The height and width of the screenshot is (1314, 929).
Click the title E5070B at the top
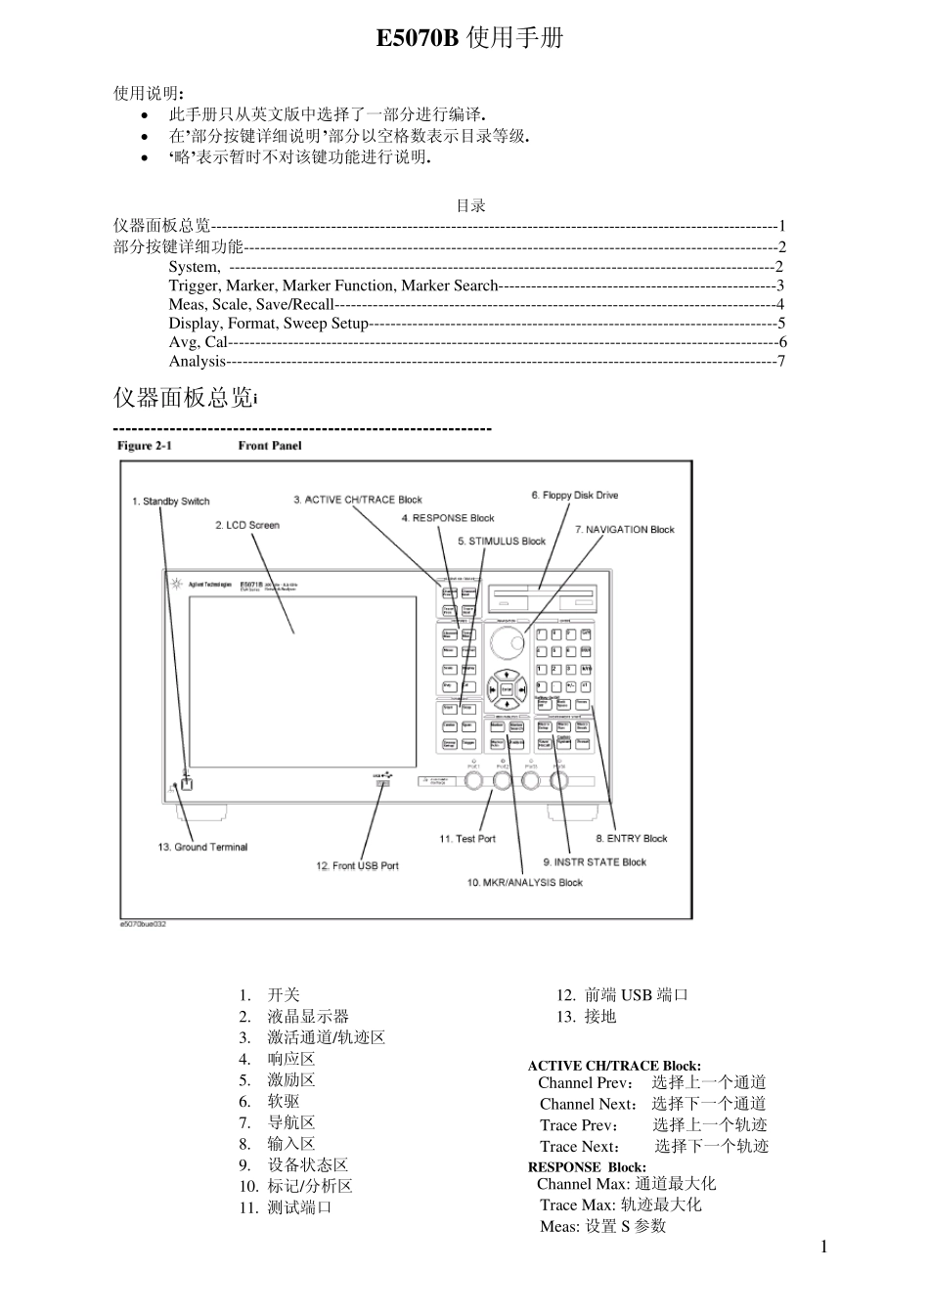click(418, 38)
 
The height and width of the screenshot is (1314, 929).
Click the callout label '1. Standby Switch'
click(171, 502)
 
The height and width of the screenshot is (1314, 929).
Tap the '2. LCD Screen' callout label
click(247, 525)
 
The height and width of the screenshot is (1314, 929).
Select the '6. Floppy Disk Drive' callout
click(575, 495)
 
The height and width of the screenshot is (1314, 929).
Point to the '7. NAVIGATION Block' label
click(624, 529)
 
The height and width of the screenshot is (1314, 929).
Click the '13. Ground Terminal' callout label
click(203, 847)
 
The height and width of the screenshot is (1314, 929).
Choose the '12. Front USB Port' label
click(358, 865)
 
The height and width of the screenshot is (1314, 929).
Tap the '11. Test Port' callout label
click(467, 839)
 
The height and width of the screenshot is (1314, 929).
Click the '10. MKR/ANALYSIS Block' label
click(524, 882)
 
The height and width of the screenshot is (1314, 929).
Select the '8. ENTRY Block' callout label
click(632, 838)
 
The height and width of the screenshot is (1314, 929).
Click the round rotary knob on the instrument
click(507, 643)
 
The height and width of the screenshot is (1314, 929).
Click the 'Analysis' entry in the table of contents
click(198, 361)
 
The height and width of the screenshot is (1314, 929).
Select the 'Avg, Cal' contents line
click(198, 342)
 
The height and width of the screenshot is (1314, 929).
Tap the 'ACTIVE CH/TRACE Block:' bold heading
click(614, 1066)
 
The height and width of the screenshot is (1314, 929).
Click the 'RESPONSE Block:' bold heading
click(587, 1166)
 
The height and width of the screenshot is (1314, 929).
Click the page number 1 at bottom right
click(824, 1246)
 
